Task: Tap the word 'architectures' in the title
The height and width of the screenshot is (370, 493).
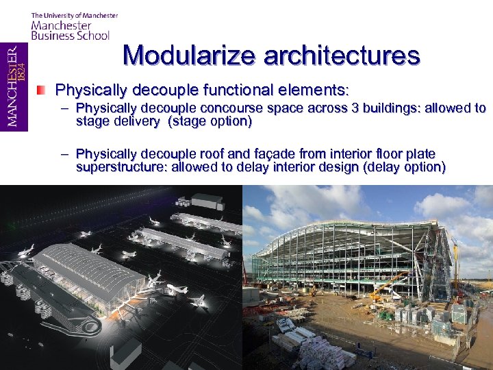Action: pos(340,55)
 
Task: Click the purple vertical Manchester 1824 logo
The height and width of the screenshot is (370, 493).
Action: pos(14,87)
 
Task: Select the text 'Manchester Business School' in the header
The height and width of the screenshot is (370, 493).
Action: pos(69,31)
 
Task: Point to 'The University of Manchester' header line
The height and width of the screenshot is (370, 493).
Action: pos(74,15)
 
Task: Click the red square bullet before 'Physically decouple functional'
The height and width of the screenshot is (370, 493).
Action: pos(42,90)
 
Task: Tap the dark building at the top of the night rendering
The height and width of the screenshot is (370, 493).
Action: pos(207,201)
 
